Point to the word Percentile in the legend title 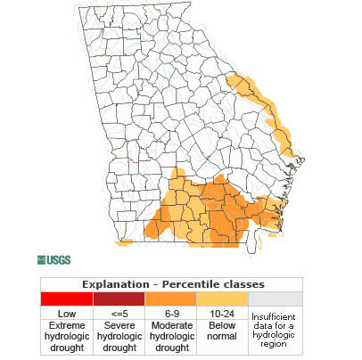(x=190, y=284)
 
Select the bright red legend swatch (x=66, y=299)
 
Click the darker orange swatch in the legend (x=169, y=299)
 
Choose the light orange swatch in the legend (x=221, y=299)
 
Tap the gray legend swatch (x=274, y=299)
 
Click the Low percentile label (x=66, y=313)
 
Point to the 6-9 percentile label (x=169, y=313)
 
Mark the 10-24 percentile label (x=221, y=313)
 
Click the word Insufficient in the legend (x=274, y=316)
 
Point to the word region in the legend (x=274, y=346)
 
